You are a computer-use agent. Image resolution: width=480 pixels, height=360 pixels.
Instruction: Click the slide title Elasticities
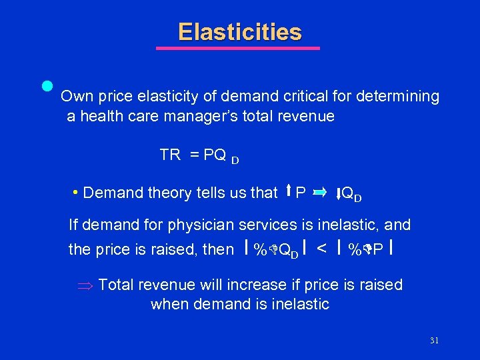point(240,32)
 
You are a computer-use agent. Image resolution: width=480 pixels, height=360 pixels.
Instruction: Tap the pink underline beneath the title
point(238,48)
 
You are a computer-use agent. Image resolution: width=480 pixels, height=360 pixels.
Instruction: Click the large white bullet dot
point(47,87)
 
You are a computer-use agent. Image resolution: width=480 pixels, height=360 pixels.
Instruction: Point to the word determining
point(398,97)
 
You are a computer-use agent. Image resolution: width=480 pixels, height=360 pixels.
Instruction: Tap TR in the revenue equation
point(170,155)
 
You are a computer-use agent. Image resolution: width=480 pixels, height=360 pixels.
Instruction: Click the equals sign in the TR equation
point(195,155)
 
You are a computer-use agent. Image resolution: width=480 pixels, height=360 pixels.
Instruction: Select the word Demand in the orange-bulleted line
point(108,193)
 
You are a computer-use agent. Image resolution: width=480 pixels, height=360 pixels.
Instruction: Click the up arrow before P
point(288,193)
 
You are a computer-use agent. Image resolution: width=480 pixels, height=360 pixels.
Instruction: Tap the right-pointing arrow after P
point(319,193)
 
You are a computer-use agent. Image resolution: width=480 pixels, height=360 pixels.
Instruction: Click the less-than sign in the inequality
point(322,249)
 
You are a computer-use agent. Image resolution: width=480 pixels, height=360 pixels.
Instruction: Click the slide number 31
point(434,341)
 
